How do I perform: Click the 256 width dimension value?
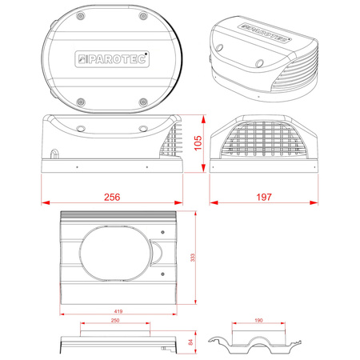pos(112,197)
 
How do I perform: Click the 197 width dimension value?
pos(264,197)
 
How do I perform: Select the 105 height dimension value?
pos(198,143)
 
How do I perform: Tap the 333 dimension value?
pos(193,258)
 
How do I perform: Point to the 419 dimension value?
pos(118,311)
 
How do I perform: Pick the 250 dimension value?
pos(115,320)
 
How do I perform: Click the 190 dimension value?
pos(258,320)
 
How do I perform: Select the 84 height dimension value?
pos(190,342)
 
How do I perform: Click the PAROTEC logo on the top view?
pos(112,59)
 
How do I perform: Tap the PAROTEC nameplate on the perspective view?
pos(265,33)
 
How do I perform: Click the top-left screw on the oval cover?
pos(81,16)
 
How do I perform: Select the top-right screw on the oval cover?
pos(143,16)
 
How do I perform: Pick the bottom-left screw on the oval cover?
pos(81,102)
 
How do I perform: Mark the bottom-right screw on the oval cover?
pos(143,102)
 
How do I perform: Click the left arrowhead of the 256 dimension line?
pos(46,202)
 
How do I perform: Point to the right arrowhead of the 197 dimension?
pos(314,202)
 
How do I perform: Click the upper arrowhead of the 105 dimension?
pos(203,119)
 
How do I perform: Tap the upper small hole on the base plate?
pos(162,232)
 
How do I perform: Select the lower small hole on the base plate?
pos(162,274)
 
